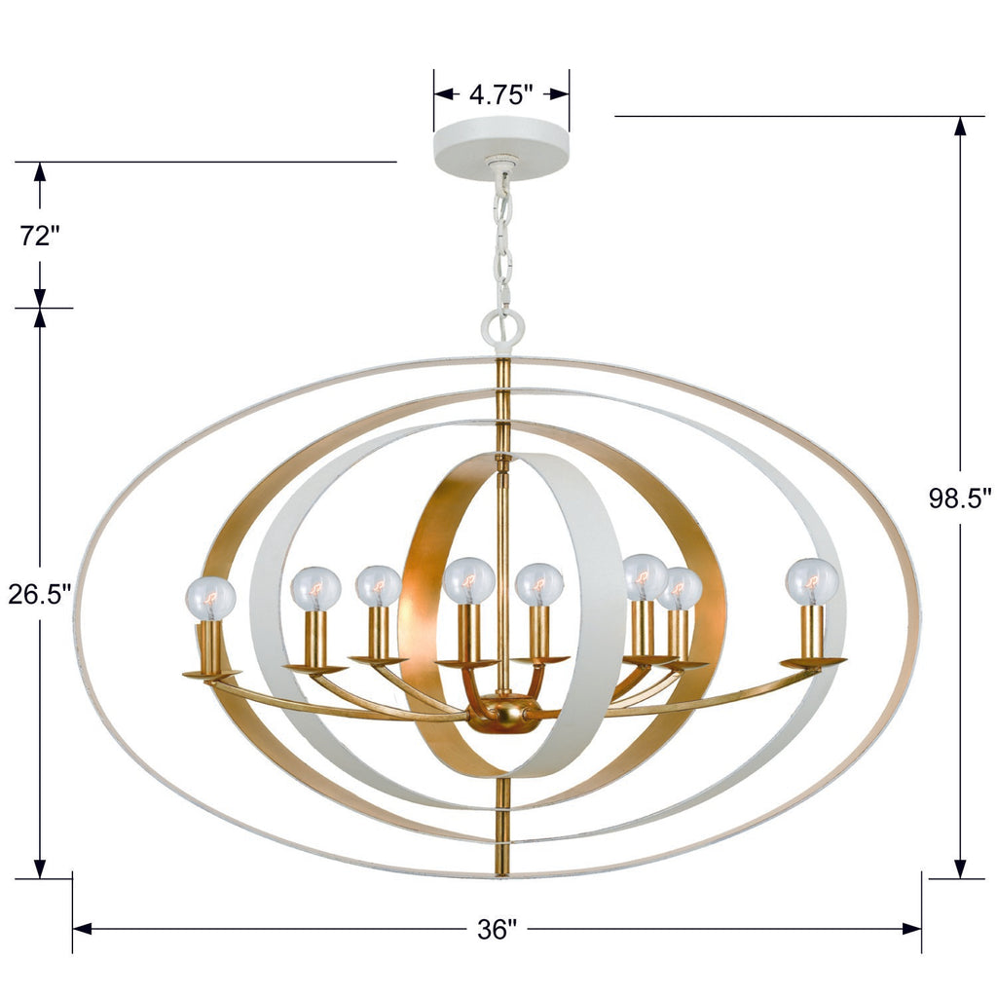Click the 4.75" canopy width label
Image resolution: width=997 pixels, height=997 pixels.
(x=501, y=94)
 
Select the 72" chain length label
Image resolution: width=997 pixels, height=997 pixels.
(x=40, y=235)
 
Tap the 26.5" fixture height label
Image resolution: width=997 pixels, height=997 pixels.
(x=40, y=593)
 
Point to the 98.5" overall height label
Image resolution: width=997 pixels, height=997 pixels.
(x=960, y=498)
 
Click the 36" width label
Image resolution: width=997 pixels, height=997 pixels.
(x=496, y=929)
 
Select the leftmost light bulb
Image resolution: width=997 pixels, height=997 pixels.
(x=211, y=598)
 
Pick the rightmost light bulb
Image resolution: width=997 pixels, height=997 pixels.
(x=812, y=580)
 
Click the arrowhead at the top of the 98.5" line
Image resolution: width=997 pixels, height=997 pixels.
(x=960, y=127)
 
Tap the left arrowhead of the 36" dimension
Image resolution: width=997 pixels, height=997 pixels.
(x=83, y=929)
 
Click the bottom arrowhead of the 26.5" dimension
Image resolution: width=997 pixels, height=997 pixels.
(x=40, y=868)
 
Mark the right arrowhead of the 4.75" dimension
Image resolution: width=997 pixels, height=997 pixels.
(x=559, y=94)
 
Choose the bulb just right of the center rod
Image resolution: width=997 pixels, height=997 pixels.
(x=538, y=584)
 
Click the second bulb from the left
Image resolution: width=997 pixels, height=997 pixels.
(x=315, y=588)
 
